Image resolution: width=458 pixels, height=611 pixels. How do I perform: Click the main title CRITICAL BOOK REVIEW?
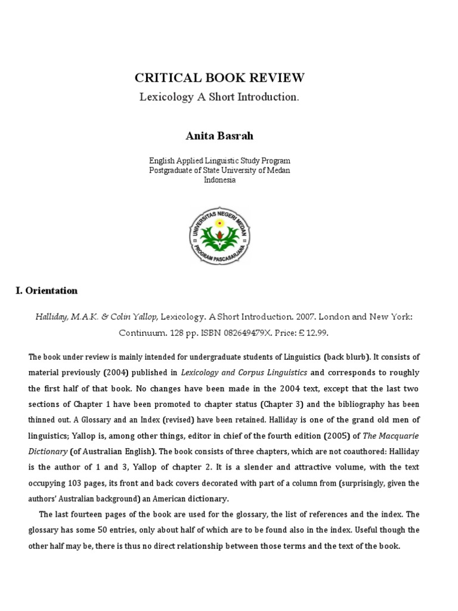[219, 78]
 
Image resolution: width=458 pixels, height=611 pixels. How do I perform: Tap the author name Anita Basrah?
[219, 135]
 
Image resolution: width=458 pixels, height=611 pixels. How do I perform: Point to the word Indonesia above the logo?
[220, 180]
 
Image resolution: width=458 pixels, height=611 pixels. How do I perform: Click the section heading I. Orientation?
[47, 291]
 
